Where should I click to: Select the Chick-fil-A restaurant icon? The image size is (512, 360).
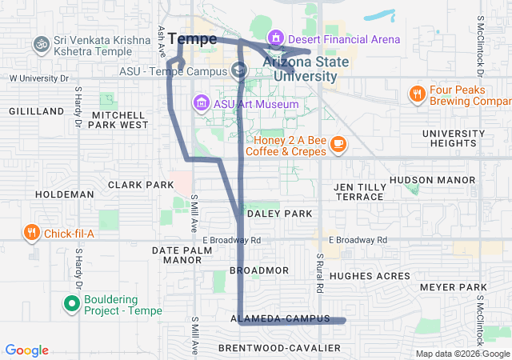point(31,233)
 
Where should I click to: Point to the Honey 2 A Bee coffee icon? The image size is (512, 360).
point(338,144)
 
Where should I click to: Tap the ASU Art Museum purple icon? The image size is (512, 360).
point(200,103)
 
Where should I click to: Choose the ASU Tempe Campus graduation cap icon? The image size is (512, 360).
point(239,71)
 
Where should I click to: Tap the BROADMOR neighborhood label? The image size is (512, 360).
point(258,270)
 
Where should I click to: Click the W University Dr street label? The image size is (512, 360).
point(40,78)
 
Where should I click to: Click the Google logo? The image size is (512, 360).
point(26,350)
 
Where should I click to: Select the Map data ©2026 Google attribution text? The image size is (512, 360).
point(462,354)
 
